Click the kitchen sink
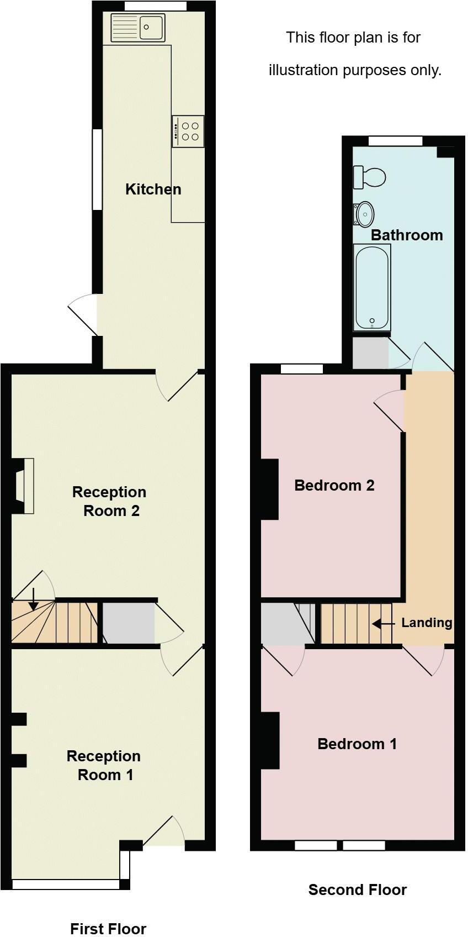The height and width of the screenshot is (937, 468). (x=138, y=28)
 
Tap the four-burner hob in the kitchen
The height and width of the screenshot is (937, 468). (x=188, y=131)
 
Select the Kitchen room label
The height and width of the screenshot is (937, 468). (x=153, y=189)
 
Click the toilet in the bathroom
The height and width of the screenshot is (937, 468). (x=370, y=177)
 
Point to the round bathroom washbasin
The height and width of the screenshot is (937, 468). (x=365, y=213)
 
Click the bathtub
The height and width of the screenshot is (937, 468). (x=373, y=288)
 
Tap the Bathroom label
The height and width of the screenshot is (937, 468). (x=407, y=235)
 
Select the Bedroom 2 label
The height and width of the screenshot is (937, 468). (x=334, y=486)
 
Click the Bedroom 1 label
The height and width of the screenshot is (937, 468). (x=357, y=744)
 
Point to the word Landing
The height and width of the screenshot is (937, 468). (x=427, y=623)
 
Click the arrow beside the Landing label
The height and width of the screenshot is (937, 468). (x=383, y=624)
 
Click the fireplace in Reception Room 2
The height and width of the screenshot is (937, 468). (x=24, y=486)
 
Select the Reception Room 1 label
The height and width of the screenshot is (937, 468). (x=104, y=765)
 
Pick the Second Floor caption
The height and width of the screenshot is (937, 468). (x=357, y=890)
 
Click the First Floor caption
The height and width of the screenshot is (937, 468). (x=108, y=929)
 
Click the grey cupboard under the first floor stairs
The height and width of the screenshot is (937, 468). (x=129, y=624)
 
